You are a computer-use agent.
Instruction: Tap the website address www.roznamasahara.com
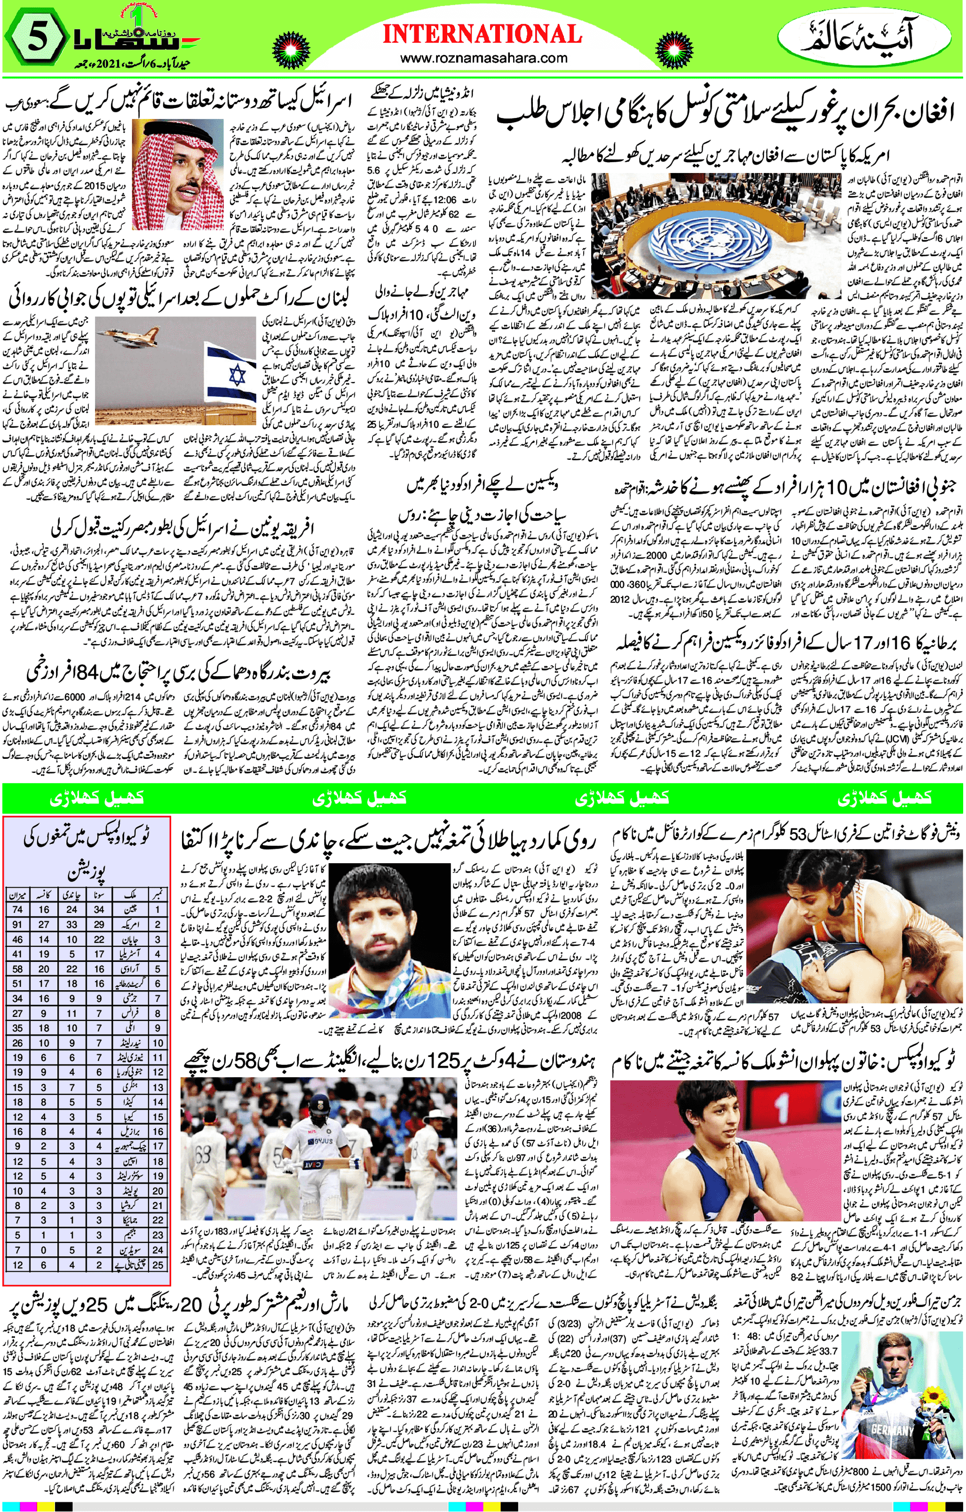point(483,58)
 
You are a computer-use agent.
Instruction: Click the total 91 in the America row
point(17,925)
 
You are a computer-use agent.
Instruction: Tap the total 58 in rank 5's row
point(17,969)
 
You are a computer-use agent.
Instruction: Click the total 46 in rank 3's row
point(17,940)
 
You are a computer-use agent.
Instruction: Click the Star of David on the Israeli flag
point(236,377)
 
